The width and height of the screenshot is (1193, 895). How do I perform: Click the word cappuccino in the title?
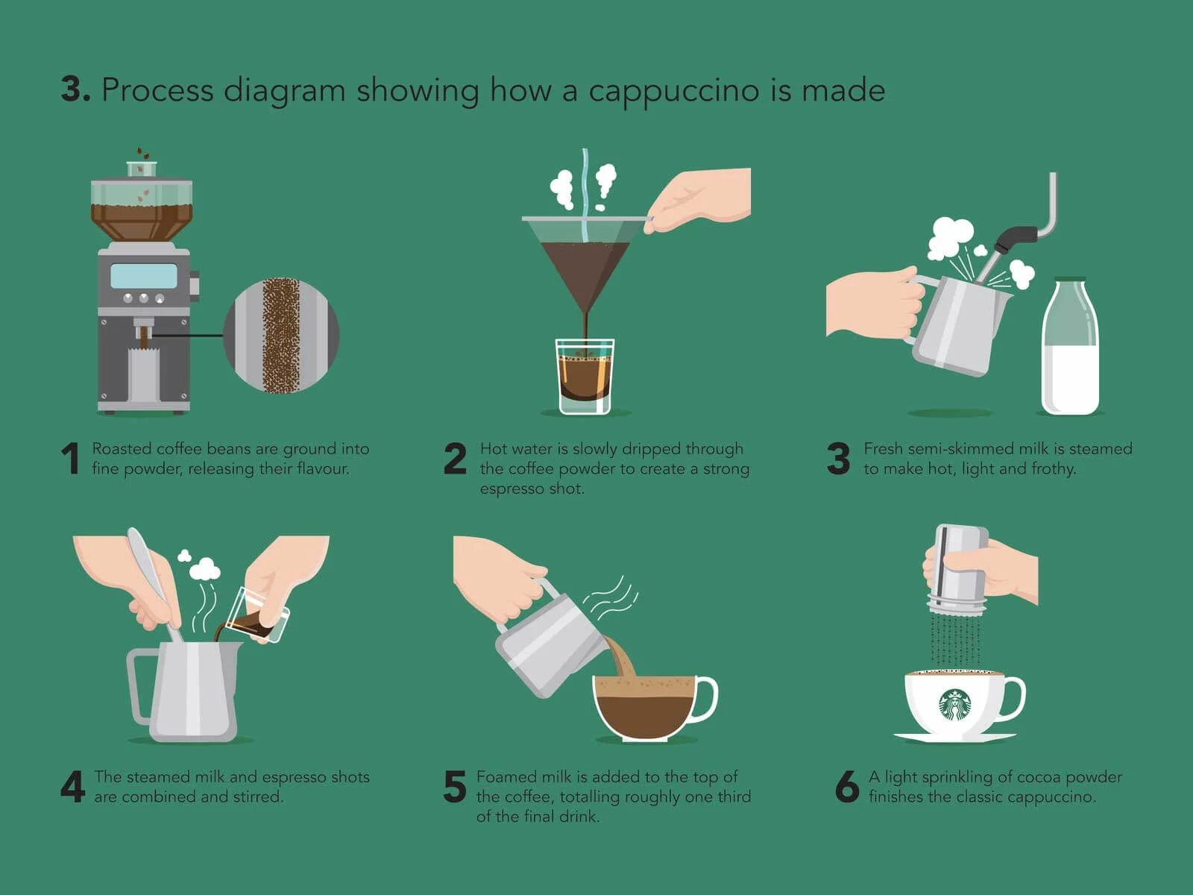(x=674, y=90)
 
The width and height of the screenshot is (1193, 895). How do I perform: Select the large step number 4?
(x=73, y=786)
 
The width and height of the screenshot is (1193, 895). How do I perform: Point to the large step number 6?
(x=847, y=786)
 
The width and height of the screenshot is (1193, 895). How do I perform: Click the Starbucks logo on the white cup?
(x=955, y=705)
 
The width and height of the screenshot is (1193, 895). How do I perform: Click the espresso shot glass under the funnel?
(x=585, y=376)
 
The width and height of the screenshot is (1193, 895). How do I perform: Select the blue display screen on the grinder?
(x=144, y=275)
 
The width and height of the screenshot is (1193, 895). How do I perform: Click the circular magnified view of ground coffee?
(x=281, y=336)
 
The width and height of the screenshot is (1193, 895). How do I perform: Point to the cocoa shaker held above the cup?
(x=960, y=568)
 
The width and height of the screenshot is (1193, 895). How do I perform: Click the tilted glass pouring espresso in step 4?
(x=256, y=616)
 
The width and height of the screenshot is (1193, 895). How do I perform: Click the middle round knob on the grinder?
(x=143, y=298)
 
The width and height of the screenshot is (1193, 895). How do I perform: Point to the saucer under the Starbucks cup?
(x=954, y=738)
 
